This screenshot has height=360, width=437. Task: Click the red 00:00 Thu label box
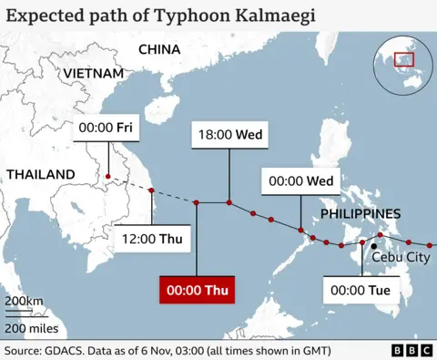click(x=197, y=292)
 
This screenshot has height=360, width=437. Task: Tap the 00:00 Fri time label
click(x=107, y=129)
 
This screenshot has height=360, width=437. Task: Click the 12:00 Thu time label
click(x=151, y=241)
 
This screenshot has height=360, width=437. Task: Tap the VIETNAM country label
click(x=93, y=73)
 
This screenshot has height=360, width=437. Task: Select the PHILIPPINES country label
click(x=360, y=213)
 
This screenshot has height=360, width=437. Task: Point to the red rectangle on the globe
click(x=401, y=60)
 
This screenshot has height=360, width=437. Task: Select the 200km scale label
click(x=25, y=302)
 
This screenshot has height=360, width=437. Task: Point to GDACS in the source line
click(x=69, y=351)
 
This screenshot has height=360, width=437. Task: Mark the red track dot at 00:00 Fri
click(x=107, y=176)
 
